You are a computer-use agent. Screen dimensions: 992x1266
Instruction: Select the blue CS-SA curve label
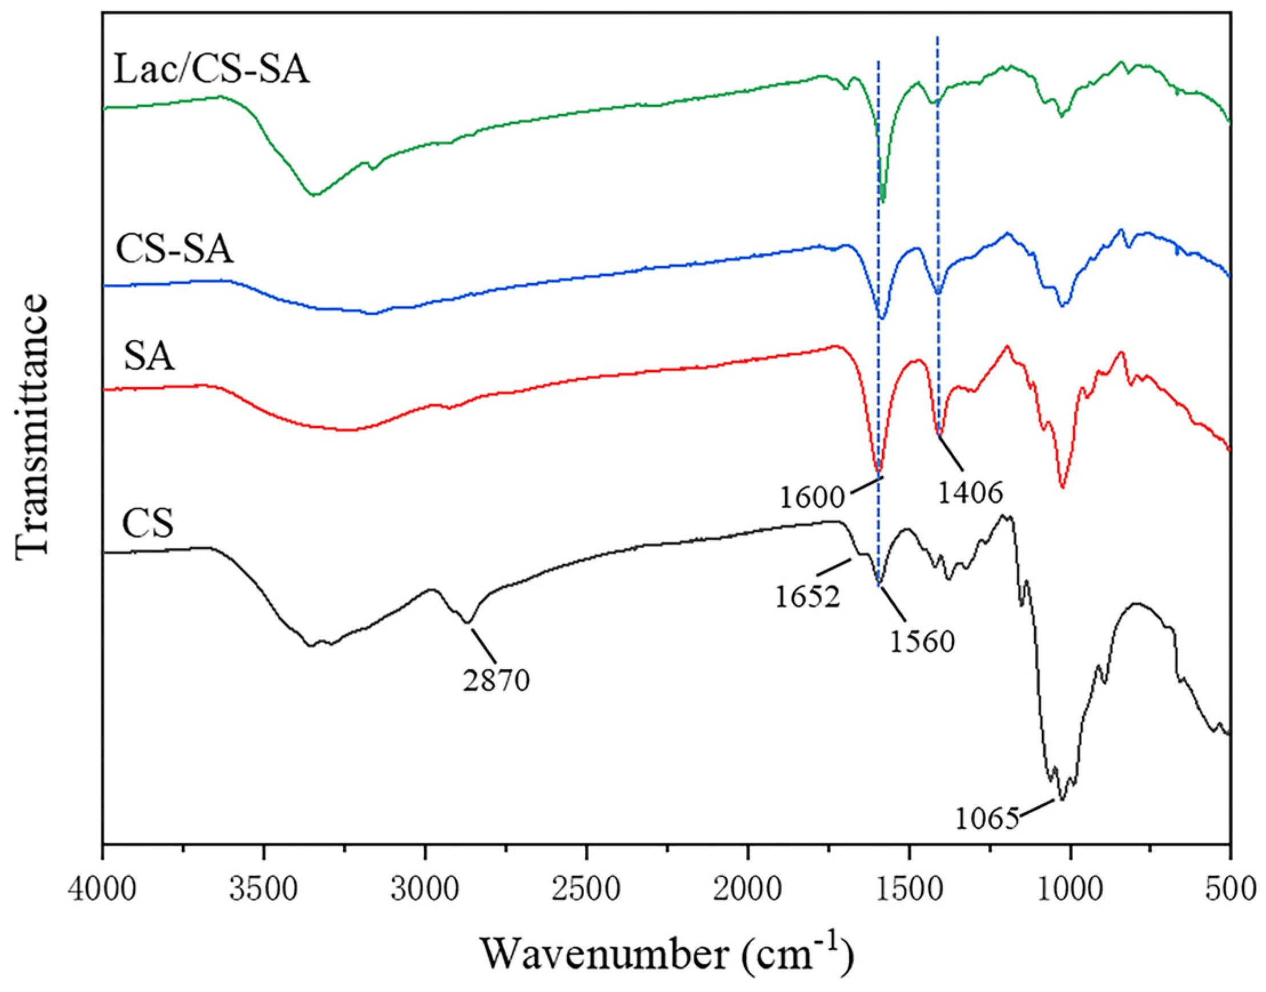click(x=175, y=250)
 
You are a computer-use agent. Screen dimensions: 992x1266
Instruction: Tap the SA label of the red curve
click(x=148, y=357)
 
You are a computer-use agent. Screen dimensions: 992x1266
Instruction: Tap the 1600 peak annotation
click(x=811, y=497)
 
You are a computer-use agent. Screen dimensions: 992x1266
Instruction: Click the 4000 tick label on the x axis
click(x=103, y=889)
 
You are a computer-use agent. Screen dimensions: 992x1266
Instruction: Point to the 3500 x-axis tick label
click(x=264, y=889)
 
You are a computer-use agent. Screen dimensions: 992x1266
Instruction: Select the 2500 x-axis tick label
click(x=586, y=889)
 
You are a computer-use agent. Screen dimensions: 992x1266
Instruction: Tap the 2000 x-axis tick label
click(x=748, y=889)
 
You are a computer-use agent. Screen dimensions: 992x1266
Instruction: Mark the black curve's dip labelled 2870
click(x=469, y=622)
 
